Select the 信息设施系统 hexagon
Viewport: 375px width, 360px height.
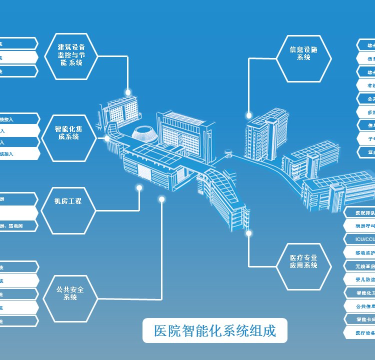point(303,58)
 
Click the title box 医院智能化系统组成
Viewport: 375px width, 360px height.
point(215,330)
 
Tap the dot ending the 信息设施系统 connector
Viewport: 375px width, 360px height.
point(249,115)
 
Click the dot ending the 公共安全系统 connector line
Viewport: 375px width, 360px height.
point(161,199)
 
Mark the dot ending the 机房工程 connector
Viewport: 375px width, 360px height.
point(139,188)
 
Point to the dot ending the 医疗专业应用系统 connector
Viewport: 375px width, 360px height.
point(249,232)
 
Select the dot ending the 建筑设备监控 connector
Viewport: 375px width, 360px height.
point(128,92)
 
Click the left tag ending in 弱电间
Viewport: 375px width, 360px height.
point(18,226)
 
